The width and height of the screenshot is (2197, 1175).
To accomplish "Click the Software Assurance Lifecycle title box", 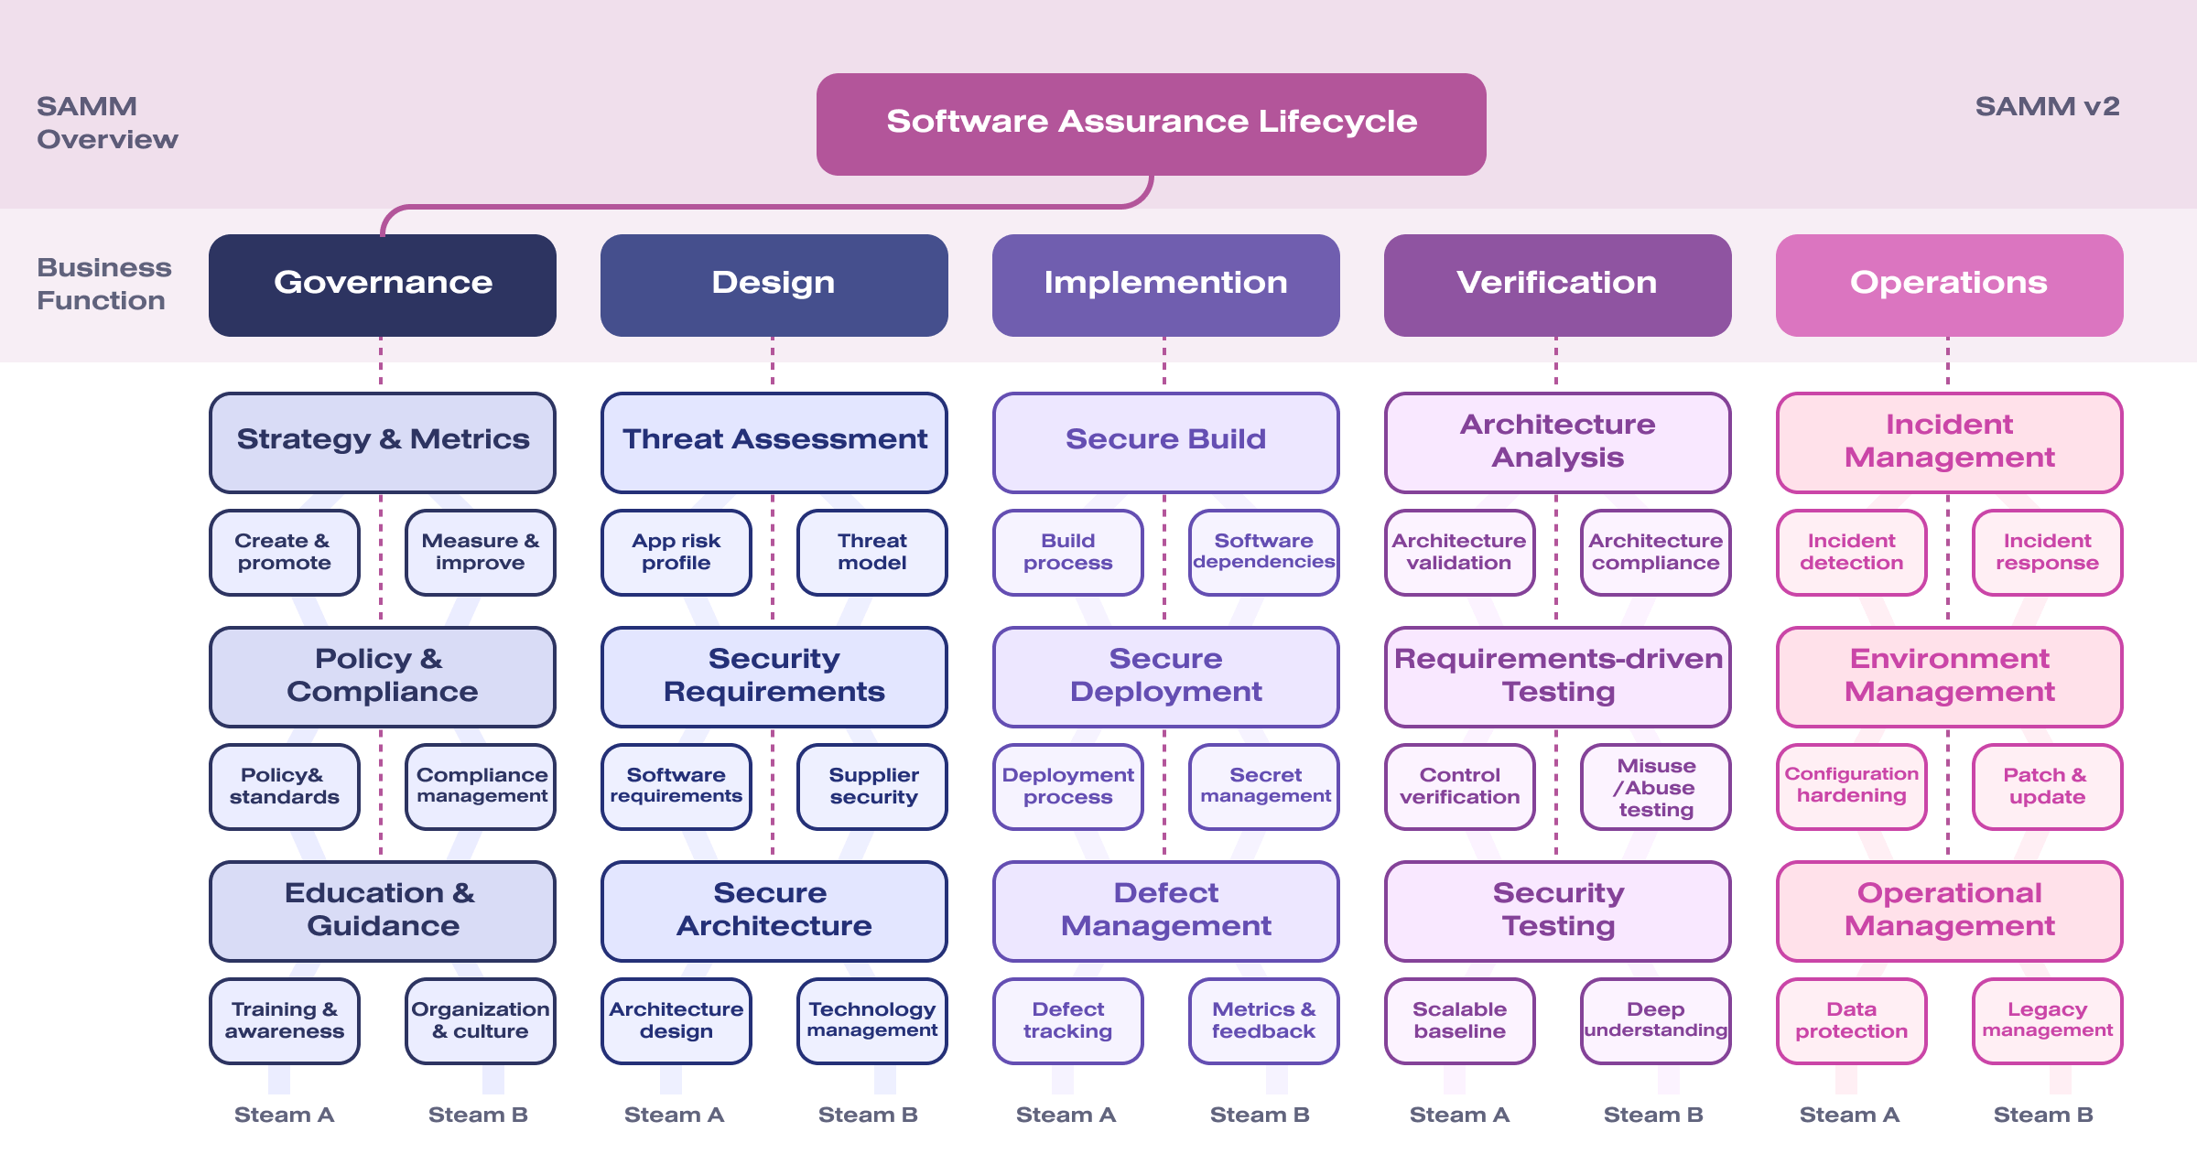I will pos(1151,124).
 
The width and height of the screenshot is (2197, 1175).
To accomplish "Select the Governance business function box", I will pos(383,285).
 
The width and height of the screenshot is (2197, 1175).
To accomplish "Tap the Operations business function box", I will pos(1949,285).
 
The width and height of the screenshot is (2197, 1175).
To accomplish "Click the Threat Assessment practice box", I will pos(774,442).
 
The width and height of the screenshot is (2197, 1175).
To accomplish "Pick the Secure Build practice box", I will pos(1165,442).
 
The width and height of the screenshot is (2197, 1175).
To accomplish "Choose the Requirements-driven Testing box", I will pos(1557,676).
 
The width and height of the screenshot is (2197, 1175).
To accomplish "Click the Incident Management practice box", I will pos(1949,442).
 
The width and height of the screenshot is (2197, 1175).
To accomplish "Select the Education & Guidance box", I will pos(383,911).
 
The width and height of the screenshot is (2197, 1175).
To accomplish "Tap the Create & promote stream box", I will pos(284,552).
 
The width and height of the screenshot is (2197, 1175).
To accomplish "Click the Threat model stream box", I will pos(871,552).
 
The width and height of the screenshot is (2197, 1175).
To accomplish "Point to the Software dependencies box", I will pos(1263,552).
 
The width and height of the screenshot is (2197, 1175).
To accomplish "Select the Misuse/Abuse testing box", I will pos(1655,787).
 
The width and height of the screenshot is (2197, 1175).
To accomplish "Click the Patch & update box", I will pos(2047,787).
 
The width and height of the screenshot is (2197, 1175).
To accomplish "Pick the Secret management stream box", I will pos(1263,787).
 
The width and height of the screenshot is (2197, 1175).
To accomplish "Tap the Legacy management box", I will pos(2047,1020).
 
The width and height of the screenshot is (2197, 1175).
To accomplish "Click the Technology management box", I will pos(871,1020).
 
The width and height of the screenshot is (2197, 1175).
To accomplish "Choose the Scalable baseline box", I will pos(1459,1020).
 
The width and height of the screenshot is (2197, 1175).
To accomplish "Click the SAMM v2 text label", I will pos(2047,107).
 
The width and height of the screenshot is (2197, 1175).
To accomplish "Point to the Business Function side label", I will pos(103,284).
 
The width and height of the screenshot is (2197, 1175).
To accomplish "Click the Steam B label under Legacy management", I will pos(2043,1115).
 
